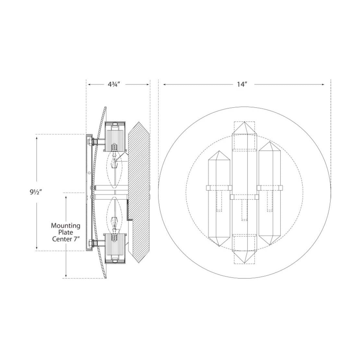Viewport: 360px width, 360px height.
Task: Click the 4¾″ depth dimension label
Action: (114, 84)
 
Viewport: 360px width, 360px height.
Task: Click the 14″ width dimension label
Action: (242, 84)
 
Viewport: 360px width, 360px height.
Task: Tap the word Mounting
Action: (66, 225)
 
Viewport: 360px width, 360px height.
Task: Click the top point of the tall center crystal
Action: (245, 122)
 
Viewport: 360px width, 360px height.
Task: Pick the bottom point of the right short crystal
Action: (270, 245)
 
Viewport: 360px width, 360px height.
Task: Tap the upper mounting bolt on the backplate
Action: (92, 142)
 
